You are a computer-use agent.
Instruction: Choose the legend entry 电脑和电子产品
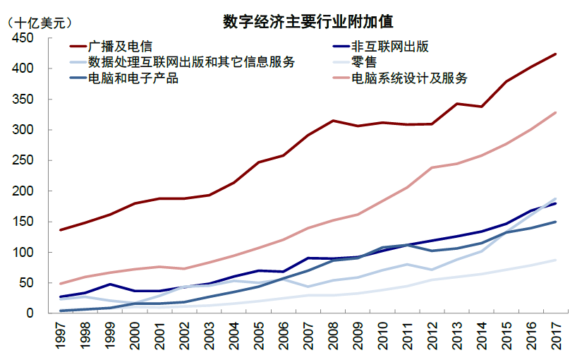pyautogui.click(x=133, y=78)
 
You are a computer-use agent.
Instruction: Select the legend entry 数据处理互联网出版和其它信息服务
pyautogui.click(x=191, y=62)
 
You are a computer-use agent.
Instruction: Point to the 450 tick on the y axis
pyautogui.click(x=23, y=38)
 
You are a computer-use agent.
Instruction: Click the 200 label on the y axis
pyautogui.click(x=23, y=191)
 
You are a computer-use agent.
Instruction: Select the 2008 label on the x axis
pyautogui.click(x=334, y=335)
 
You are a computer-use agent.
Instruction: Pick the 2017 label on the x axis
pyautogui.click(x=556, y=335)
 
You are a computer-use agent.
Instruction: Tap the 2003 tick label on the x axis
pyautogui.click(x=210, y=335)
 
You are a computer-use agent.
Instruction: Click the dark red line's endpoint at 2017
pyautogui.click(x=556, y=54)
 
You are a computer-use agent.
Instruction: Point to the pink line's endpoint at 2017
pyautogui.click(x=556, y=112)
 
